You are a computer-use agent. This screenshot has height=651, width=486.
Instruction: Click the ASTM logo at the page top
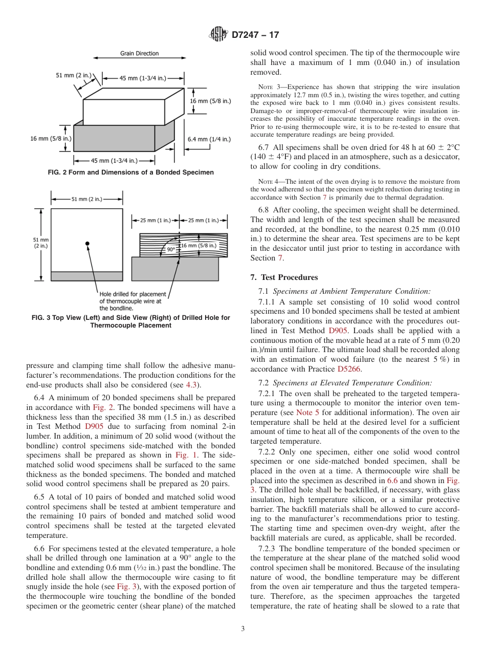tap(218, 35)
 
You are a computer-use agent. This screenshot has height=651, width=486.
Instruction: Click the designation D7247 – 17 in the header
tap(255, 35)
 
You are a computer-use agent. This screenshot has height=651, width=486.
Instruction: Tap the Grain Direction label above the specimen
tap(139, 53)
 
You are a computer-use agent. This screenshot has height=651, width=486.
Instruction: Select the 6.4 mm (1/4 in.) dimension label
tap(209, 139)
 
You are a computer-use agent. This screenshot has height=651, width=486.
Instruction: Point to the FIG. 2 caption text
tap(130, 172)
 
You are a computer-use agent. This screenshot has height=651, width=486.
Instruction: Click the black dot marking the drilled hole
tap(87, 243)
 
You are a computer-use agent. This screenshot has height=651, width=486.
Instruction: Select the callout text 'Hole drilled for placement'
tap(132, 294)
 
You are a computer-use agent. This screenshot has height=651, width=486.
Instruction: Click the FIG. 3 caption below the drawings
tap(130, 321)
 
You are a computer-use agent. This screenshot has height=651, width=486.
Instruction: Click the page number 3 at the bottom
tap(242, 629)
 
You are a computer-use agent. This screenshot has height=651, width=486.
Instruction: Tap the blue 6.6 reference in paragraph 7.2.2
tap(392, 481)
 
